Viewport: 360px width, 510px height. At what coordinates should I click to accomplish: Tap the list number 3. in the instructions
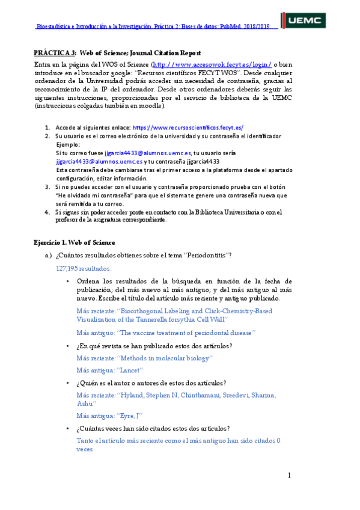point(47,187)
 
